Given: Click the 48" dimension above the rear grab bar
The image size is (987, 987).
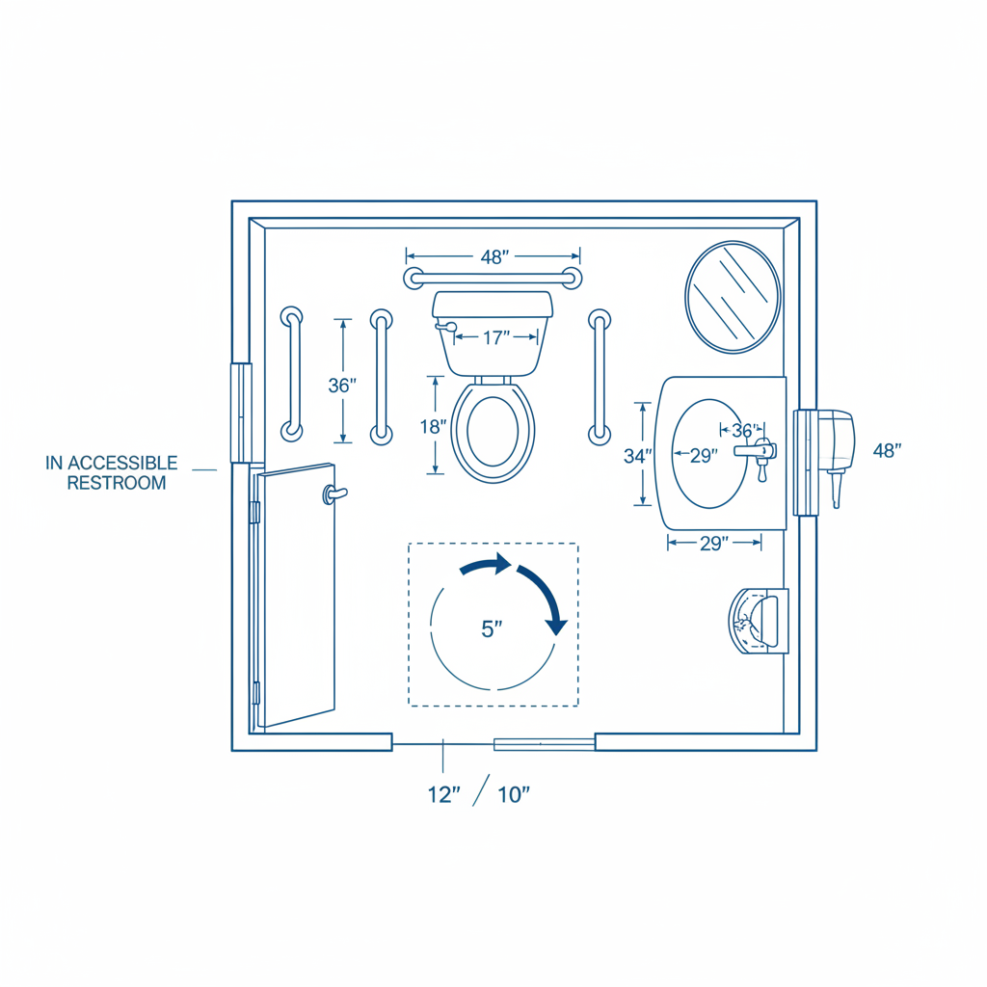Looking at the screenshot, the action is tap(494, 256).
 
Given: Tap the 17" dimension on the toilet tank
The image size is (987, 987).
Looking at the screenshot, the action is tap(496, 338).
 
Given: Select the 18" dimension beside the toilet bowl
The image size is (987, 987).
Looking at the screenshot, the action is tap(433, 427).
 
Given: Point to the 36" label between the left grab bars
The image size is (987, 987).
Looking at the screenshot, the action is tap(342, 386).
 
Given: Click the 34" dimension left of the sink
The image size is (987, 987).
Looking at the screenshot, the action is tap(638, 456).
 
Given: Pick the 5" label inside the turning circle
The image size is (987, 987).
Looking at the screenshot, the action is tap(492, 628).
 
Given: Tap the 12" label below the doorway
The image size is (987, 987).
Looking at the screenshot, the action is tap(443, 795).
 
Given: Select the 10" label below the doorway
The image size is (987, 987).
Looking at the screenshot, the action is tap(514, 795).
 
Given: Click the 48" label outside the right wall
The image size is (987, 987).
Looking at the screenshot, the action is tap(887, 451).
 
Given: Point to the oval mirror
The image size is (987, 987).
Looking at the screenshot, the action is tap(733, 297).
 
